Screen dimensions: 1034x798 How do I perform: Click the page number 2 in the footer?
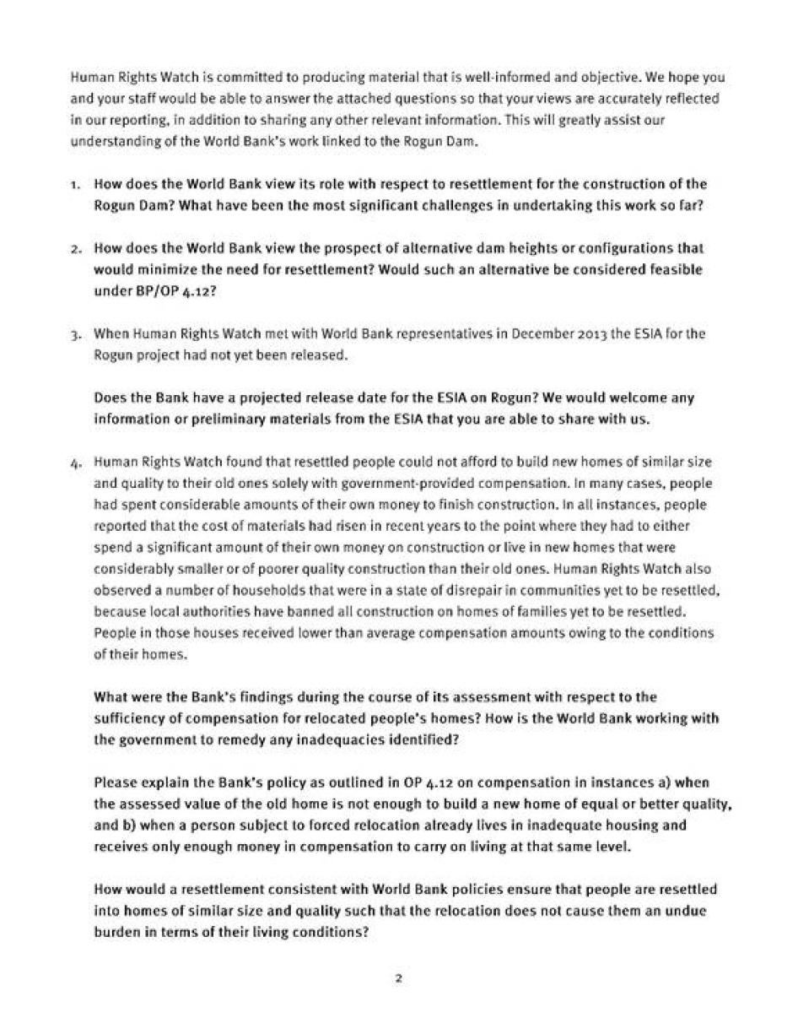click(x=397, y=979)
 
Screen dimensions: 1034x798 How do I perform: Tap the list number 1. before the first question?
click(x=76, y=184)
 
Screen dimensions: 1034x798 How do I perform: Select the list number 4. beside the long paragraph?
click(x=76, y=463)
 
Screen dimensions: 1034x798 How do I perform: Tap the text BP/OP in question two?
click(x=119, y=291)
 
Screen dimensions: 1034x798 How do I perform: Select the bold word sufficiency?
click(x=131, y=718)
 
